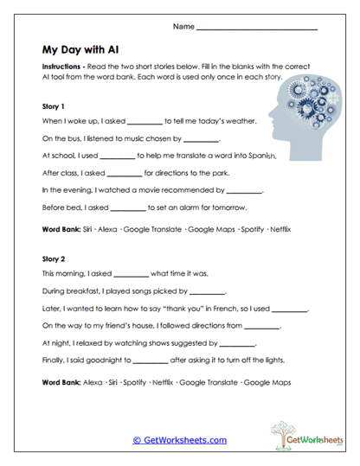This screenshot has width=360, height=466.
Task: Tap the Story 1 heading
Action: (x=54, y=106)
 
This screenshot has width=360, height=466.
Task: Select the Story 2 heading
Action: (x=54, y=258)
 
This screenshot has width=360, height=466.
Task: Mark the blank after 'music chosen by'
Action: (x=202, y=140)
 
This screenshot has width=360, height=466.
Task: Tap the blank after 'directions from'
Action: (x=264, y=326)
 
